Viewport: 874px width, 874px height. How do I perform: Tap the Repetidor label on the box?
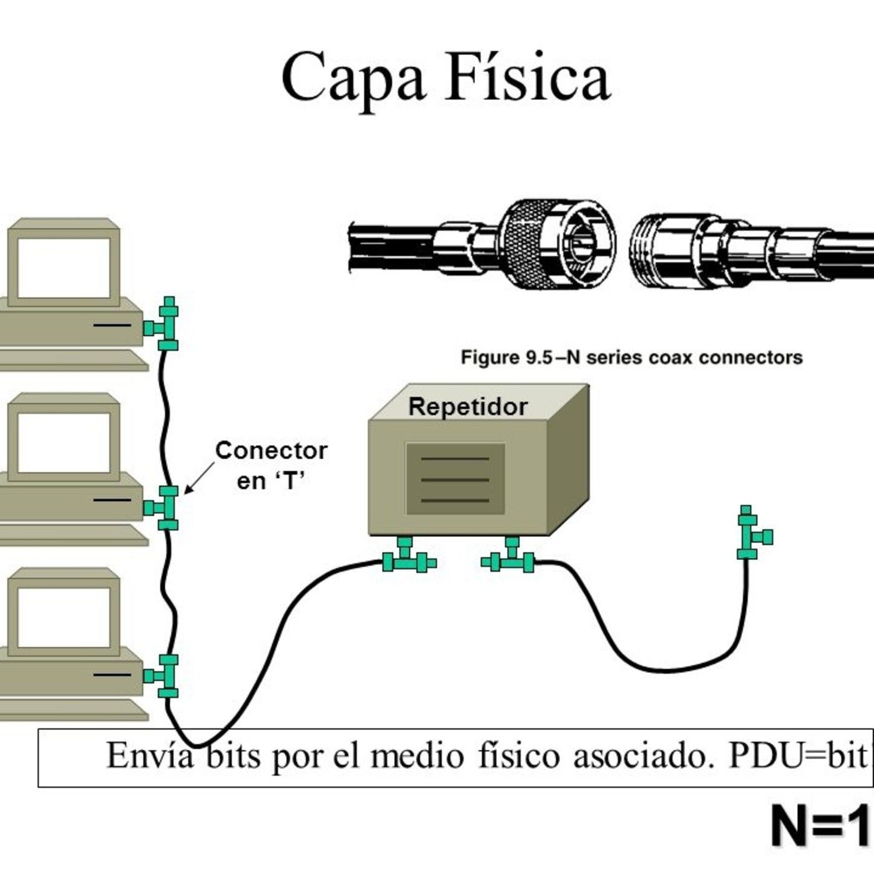coord(468,406)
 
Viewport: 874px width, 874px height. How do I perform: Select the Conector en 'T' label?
coord(271,465)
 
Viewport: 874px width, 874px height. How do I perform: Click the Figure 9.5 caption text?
coord(631,358)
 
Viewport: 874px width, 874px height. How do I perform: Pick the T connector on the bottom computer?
coord(165,676)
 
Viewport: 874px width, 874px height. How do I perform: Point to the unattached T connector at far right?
coord(752,534)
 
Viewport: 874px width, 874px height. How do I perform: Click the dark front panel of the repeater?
coord(455,479)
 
